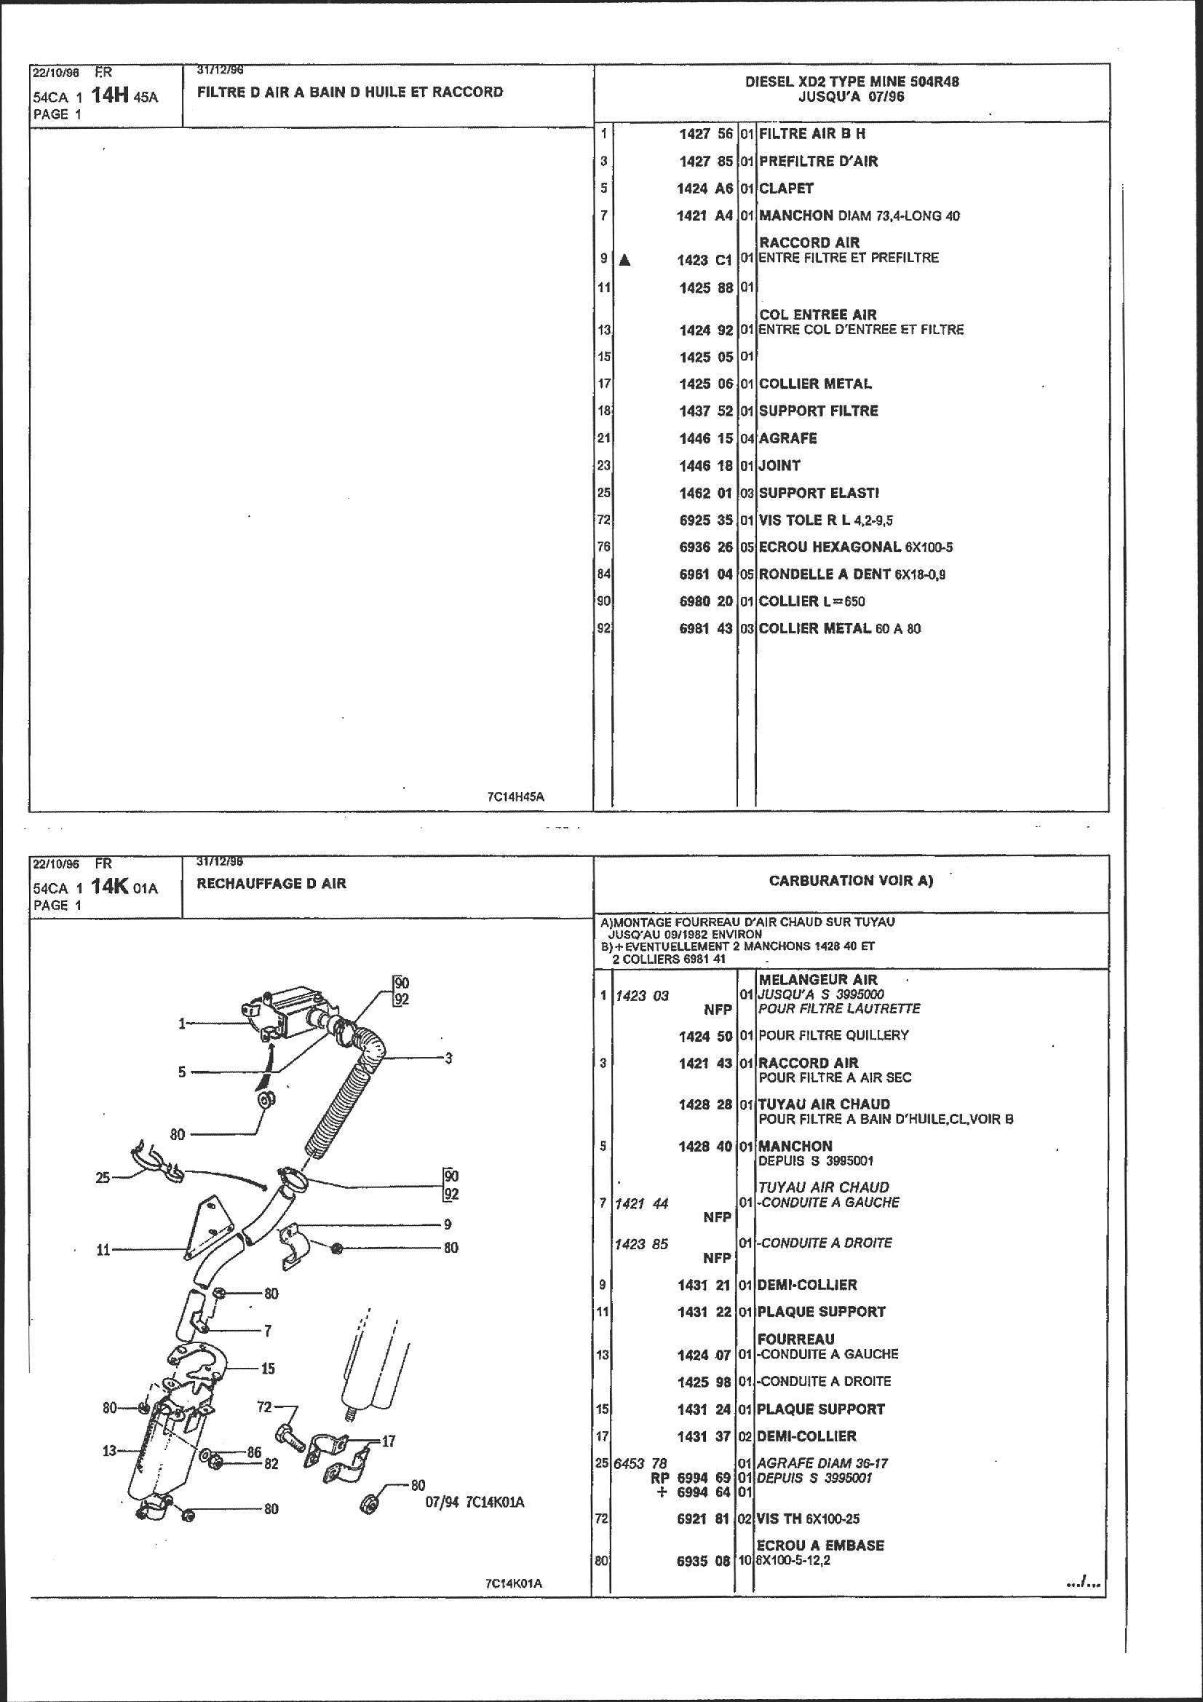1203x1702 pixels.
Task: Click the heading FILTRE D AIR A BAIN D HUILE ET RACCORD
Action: [x=350, y=92]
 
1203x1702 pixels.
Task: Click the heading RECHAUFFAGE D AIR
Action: [x=271, y=884]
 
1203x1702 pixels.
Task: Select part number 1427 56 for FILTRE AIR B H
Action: [x=706, y=133]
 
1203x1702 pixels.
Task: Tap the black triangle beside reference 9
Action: [x=625, y=259]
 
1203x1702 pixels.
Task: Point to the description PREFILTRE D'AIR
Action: [x=818, y=161]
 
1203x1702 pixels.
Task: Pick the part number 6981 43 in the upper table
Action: [x=706, y=629]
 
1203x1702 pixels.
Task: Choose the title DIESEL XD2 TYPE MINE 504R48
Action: [x=851, y=82]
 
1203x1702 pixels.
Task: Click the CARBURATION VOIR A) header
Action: [x=851, y=881]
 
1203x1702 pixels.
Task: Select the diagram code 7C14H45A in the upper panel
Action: [x=516, y=797]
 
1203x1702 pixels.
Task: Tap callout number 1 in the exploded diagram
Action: [x=182, y=1024]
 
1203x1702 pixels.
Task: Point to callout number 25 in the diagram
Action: [x=103, y=1176]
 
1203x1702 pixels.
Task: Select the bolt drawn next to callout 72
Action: [x=289, y=1439]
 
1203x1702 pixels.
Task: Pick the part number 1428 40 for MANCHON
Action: [x=704, y=1146]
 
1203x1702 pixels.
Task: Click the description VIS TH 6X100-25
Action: [x=809, y=1519]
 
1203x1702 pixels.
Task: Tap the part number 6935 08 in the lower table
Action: [x=704, y=1561]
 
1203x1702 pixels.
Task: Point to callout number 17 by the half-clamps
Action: [x=389, y=1441]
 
